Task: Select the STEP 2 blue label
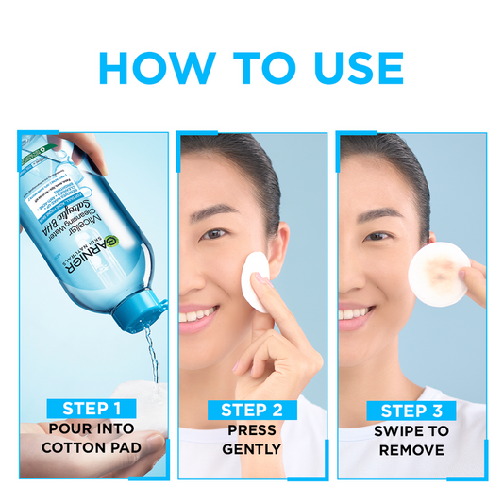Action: (251, 410)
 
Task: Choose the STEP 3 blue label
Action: (411, 410)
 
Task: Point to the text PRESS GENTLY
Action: (251, 440)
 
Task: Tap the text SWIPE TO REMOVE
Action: (411, 440)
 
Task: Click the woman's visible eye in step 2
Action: (215, 232)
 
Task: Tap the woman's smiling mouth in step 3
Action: (354, 312)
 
